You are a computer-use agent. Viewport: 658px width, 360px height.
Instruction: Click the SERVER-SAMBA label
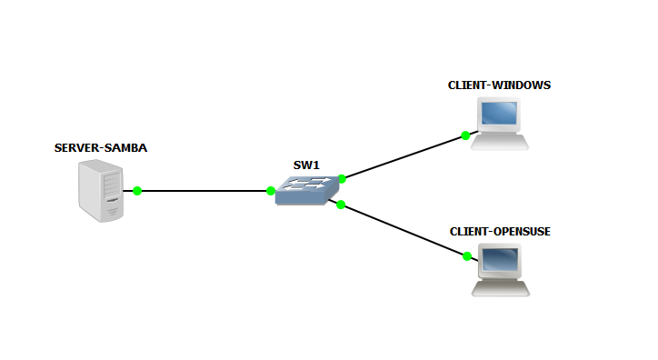pos(101,147)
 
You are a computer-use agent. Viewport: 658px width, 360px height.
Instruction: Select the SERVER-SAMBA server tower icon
pos(101,191)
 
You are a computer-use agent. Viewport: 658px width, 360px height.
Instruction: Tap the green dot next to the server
pos(137,191)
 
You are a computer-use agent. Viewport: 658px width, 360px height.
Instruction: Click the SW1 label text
pos(306,165)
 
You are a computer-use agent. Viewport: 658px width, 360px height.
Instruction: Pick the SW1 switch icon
pos(307,189)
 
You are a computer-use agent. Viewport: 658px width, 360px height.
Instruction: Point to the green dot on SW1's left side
pos(271,191)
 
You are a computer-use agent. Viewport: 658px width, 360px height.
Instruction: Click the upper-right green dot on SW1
pos(342,179)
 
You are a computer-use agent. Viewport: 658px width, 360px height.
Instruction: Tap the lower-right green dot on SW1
pos(341,205)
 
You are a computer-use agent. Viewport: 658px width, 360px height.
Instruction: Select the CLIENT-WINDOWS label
pos(499,85)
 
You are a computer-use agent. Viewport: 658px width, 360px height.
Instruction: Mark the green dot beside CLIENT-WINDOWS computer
pos(465,135)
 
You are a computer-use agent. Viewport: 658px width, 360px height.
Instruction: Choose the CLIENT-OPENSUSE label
pos(500,232)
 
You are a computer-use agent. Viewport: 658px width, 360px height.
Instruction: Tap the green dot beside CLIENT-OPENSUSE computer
pos(467,256)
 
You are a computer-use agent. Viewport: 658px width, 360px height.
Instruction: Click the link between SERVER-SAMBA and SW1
pos(204,191)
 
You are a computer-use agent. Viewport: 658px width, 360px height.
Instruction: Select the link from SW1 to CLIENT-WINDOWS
pos(404,157)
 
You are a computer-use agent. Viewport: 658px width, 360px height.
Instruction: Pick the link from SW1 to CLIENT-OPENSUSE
pos(404,231)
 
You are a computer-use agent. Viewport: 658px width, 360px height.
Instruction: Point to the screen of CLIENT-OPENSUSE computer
pos(501,262)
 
